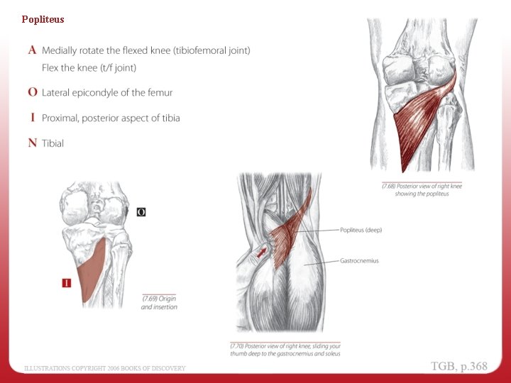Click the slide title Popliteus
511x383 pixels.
pyautogui.click(x=43, y=19)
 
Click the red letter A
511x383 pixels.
pyautogui.click(x=32, y=51)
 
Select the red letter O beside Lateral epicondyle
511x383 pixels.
pyautogui.click(x=32, y=92)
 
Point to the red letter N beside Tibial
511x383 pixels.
pyautogui.click(x=32, y=143)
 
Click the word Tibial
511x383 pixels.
pyautogui.click(x=53, y=143)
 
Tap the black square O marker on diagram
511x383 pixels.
pyautogui.click(x=141, y=211)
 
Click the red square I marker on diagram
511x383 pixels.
pyautogui.click(x=67, y=283)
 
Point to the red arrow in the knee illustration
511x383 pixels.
pyautogui.click(x=263, y=250)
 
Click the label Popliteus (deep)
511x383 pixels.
pyautogui.click(x=361, y=230)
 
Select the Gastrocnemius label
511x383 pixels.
pyautogui.click(x=359, y=261)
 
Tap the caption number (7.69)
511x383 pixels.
pyautogui.click(x=150, y=299)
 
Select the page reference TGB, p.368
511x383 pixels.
pyautogui.click(x=459, y=366)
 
